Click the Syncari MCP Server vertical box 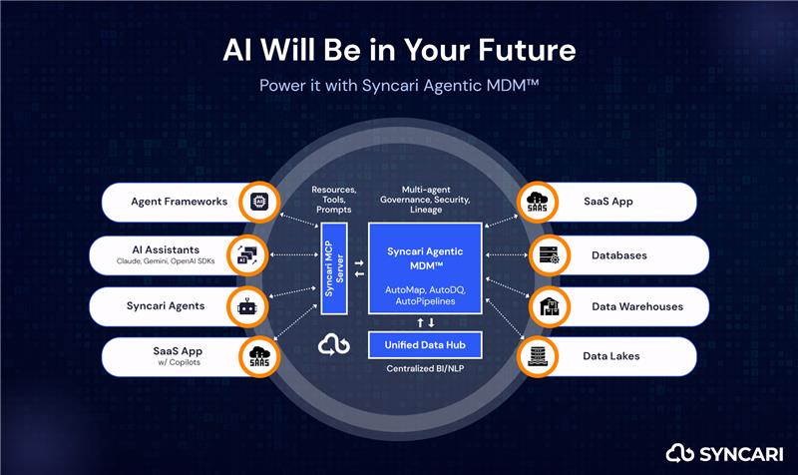coord(334,268)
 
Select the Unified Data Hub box coord(425,345)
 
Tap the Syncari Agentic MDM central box coord(425,268)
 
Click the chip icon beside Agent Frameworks coord(259,202)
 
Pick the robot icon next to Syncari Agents coord(247,307)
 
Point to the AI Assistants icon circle coord(247,254)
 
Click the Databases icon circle coord(550,254)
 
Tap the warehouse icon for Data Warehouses coord(550,307)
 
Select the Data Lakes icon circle coord(538,356)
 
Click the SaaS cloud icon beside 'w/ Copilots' coord(259,356)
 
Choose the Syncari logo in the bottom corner coord(725,453)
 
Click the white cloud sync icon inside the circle coord(334,344)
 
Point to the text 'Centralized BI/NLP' coord(425,368)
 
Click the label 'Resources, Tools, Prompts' coord(334,200)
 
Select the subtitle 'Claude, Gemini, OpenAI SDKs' coord(166,261)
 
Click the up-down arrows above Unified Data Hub coord(426,322)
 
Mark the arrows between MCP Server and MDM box coord(359,268)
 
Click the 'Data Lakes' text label coord(611,356)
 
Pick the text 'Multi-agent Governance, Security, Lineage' coord(426,200)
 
